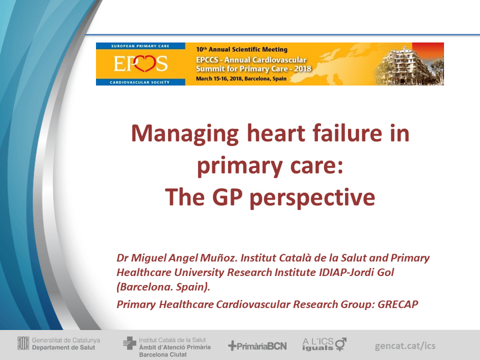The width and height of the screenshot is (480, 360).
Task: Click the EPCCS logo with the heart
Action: (x=142, y=64)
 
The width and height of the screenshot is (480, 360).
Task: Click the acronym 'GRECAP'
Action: (x=397, y=304)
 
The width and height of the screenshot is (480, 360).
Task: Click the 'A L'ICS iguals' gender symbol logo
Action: (x=325, y=344)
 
